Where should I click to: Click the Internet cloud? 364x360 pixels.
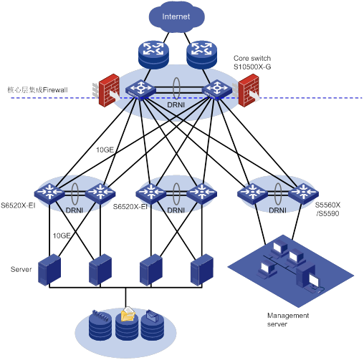coord(176,16)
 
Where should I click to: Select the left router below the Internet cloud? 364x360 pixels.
coord(153,55)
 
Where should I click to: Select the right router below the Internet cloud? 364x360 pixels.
coord(202,55)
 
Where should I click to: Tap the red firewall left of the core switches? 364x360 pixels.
coord(108,90)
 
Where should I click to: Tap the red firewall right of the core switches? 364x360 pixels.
coord(247,90)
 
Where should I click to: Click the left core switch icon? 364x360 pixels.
coord(140,90)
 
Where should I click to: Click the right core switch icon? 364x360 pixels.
coord(217,90)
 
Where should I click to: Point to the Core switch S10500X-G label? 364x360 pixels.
coord(252,62)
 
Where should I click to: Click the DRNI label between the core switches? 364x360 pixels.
coord(176,105)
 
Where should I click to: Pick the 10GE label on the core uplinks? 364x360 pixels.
coord(105,150)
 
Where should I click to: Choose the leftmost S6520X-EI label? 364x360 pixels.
coord(18,205)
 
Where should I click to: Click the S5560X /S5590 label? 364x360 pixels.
coord(327,209)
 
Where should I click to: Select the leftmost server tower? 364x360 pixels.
coord(49,270)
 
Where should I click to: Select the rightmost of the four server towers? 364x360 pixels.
coord(202,270)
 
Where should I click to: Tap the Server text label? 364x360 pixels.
coord(21,269)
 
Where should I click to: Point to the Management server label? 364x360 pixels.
coord(288,320)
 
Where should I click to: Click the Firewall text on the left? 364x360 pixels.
coord(55,90)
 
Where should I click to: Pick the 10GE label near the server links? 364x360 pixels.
coord(62,235)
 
